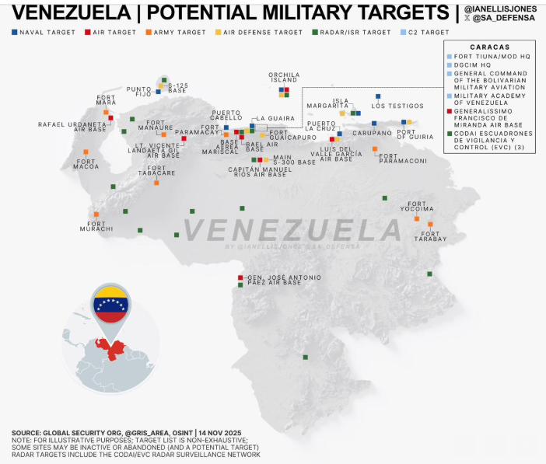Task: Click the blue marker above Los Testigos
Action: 378,96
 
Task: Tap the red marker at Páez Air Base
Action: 240,277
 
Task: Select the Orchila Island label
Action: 284,77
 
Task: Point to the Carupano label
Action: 378,133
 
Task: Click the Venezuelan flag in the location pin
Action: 112,304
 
